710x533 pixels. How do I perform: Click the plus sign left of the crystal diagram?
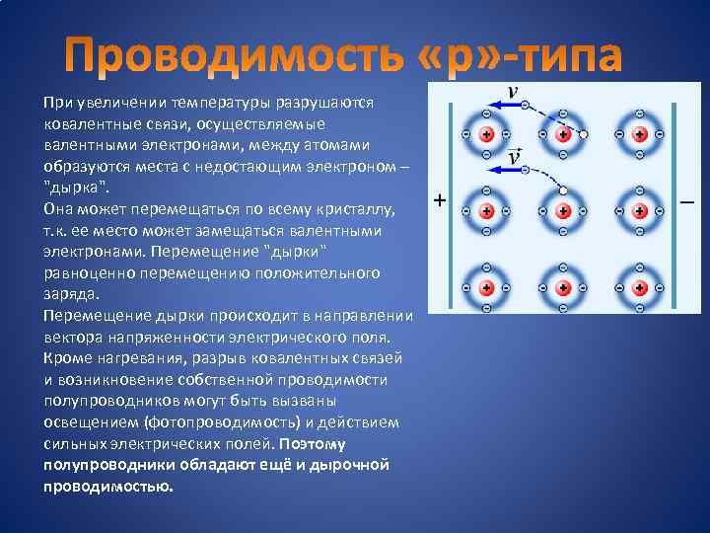(x=439, y=199)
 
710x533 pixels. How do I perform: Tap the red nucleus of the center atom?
(x=563, y=211)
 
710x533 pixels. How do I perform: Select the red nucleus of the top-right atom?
(x=640, y=134)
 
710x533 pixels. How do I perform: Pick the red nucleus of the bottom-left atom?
(x=486, y=288)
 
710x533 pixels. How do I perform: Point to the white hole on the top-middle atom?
(x=585, y=134)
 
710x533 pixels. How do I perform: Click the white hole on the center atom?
(x=563, y=189)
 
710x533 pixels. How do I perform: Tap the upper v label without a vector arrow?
(x=513, y=91)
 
